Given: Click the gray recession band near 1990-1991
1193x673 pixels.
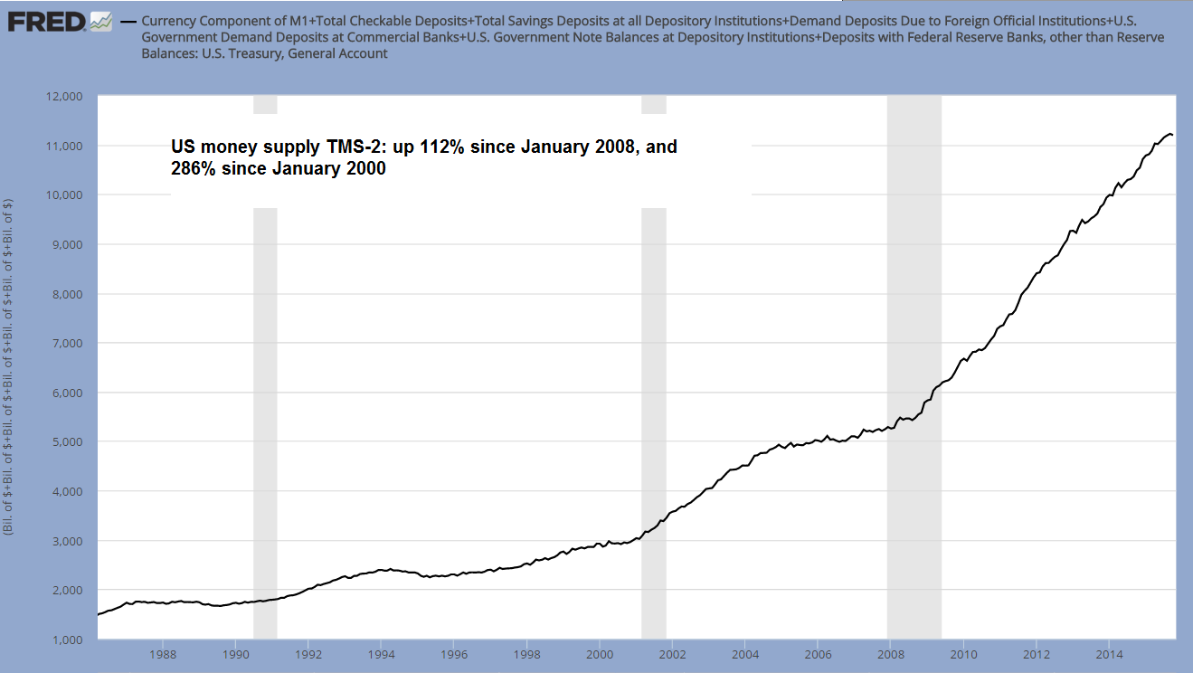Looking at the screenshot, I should [x=265, y=407].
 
